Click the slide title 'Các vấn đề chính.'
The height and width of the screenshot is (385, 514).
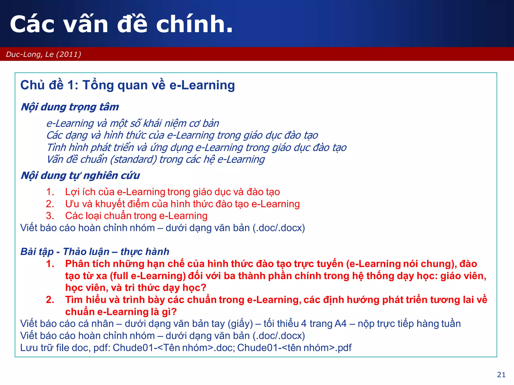click(121, 24)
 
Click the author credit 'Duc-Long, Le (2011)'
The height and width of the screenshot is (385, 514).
click(43, 54)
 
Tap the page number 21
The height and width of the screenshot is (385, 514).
click(501, 374)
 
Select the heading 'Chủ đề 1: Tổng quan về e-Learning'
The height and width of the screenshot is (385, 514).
click(127, 85)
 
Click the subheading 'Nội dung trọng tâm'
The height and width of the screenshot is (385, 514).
click(70, 107)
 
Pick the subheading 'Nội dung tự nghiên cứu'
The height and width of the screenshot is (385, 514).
click(80, 175)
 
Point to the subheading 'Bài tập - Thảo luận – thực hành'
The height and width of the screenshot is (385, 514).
click(95, 252)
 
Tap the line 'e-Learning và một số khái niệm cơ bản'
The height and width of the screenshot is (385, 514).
click(133, 124)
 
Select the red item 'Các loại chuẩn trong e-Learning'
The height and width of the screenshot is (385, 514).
click(136, 216)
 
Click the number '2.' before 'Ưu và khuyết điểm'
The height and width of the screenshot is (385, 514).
click(50, 204)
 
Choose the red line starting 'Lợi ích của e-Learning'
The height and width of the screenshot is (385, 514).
click(172, 192)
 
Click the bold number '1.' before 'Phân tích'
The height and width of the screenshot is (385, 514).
click(50, 264)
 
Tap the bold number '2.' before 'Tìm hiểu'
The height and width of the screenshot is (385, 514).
click(50, 300)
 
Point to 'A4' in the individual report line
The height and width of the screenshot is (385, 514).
click(341, 324)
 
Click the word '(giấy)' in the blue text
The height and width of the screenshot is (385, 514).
click(240, 324)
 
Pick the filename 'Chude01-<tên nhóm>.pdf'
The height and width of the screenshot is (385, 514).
click(294, 348)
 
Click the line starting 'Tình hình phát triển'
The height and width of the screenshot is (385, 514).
click(196, 148)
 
